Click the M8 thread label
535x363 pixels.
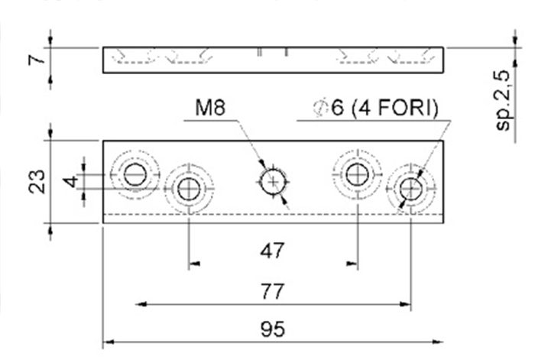point(210,107)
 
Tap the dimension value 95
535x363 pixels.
point(273,329)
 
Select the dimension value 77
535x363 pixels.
point(272,292)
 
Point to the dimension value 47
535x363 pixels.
point(272,251)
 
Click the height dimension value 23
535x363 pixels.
point(37,181)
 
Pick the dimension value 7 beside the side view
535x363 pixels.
point(37,60)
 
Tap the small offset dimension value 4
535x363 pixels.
point(71,181)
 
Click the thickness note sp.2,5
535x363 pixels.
point(503,100)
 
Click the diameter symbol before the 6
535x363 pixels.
point(321,108)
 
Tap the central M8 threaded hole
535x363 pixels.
point(273,182)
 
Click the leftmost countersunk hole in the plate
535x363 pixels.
point(135,175)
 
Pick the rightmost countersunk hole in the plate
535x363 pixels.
point(411,189)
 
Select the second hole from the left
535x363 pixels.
point(189,189)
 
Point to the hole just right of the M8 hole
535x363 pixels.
point(357,175)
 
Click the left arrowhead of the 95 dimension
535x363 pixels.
point(109,342)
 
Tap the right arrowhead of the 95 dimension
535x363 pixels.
point(438,342)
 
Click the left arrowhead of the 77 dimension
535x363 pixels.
point(141,303)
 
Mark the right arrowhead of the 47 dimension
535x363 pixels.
point(352,264)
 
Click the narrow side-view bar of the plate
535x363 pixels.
point(273,60)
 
